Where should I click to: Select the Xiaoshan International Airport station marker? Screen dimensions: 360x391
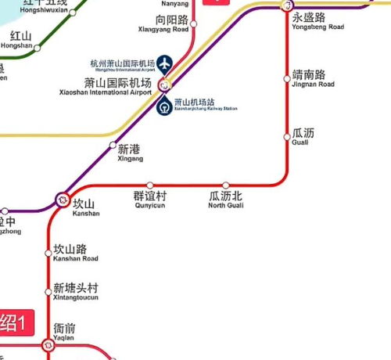[x=164, y=85]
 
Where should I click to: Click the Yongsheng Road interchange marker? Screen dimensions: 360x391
[x=286, y=5]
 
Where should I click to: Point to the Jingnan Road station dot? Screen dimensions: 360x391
[x=286, y=77]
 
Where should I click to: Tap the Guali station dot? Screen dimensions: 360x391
[x=286, y=132]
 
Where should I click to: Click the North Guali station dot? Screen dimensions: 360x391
[x=227, y=185]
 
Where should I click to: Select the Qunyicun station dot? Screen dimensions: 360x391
[x=150, y=185]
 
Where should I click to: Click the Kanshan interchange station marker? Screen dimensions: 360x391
[x=63, y=200]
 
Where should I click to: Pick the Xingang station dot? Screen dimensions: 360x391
[x=113, y=146]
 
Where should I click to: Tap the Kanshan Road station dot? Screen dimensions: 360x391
[x=48, y=252]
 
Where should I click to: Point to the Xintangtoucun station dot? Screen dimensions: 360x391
[x=48, y=291]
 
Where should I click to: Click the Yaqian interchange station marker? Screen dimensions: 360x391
[x=48, y=342]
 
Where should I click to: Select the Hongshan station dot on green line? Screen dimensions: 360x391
[x=36, y=45]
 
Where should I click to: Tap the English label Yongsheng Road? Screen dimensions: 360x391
[x=317, y=26]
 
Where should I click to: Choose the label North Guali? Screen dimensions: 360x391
[x=227, y=206]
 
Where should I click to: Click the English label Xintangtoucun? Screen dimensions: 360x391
[x=77, y=298]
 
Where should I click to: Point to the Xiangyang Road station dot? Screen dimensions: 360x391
[x=192, y=23]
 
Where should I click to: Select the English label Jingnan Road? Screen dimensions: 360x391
[x=313, y=84]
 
